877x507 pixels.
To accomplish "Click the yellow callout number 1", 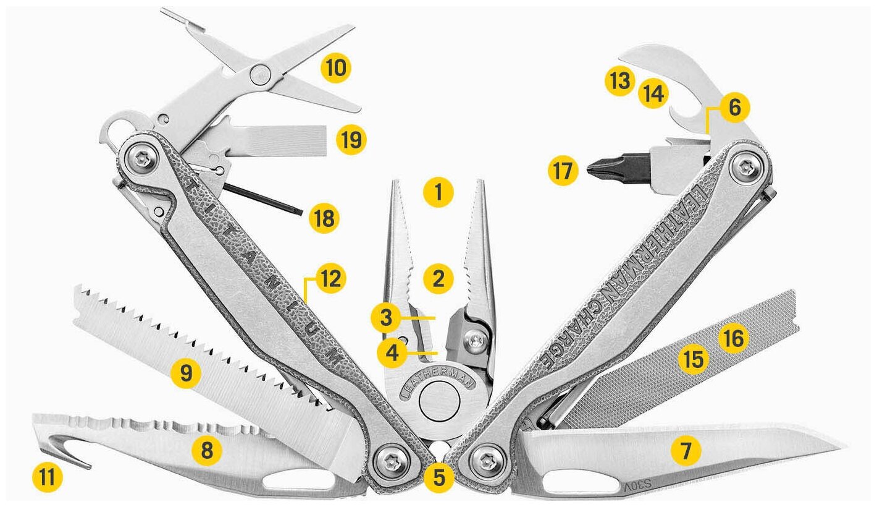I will coord(438,193).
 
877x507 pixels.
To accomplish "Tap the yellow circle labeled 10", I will coord(336,67).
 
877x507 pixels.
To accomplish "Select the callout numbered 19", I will coord(351,140).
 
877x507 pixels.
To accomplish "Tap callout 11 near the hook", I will coord(48,477).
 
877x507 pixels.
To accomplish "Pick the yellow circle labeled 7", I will coord(685,452).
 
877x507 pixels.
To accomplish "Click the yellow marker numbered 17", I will coord(563,171).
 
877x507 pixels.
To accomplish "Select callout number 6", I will coord(734,108).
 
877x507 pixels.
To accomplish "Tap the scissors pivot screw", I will coord(260,75).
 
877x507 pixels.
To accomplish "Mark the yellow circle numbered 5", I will coord(439,477).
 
